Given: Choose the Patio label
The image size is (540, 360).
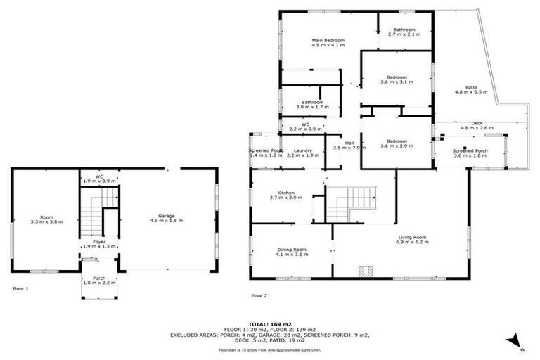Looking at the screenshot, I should (466, 89).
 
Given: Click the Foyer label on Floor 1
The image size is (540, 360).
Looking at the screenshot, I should (89, 244).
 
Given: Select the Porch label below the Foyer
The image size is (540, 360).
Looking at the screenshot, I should (94, 280).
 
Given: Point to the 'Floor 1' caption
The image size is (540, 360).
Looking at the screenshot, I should (21, 289).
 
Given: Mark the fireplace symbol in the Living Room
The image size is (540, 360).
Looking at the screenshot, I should (364, 270).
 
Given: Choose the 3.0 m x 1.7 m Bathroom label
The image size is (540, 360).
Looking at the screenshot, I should (313, 105).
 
